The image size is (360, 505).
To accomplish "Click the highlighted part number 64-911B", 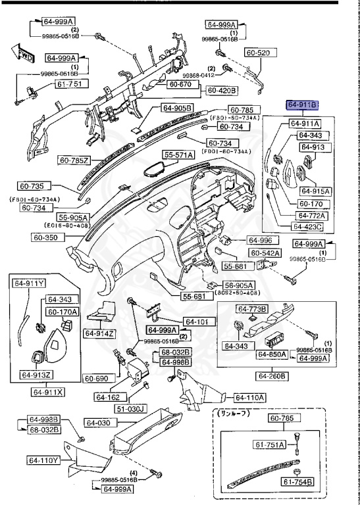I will coord(302,104).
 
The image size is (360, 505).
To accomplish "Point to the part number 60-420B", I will coord(222,90).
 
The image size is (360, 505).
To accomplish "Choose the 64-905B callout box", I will coord(176,108).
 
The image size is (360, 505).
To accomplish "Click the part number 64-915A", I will coord(315,191).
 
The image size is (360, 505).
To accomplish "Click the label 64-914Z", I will coord(99,333).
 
